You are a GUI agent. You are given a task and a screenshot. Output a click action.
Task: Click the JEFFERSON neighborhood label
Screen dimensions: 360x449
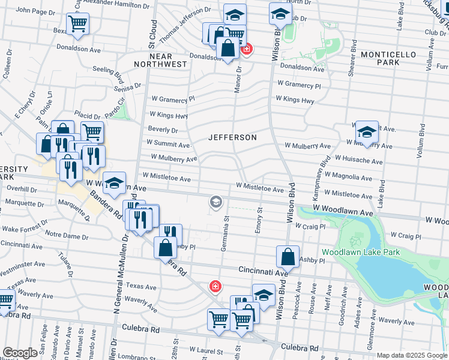coord(232,137)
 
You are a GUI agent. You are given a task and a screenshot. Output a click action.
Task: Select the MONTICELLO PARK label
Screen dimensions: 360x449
coord(388,58)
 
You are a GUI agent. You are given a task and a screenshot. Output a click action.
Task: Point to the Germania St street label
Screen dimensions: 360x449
coord(226,233)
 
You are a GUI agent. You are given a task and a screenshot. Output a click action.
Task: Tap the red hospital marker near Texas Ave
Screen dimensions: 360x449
coord(214,287)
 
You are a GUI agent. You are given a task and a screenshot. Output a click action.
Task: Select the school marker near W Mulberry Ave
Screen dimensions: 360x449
coord(366,131)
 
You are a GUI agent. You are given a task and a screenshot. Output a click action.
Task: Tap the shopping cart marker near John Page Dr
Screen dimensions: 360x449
coord(77,23)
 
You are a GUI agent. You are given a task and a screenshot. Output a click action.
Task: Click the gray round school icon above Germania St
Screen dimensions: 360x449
coord(215,202)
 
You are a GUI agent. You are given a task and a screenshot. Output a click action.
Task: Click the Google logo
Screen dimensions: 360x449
coord(20,353)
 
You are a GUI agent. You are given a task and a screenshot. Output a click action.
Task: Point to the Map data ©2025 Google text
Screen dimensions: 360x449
coord(411,355)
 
